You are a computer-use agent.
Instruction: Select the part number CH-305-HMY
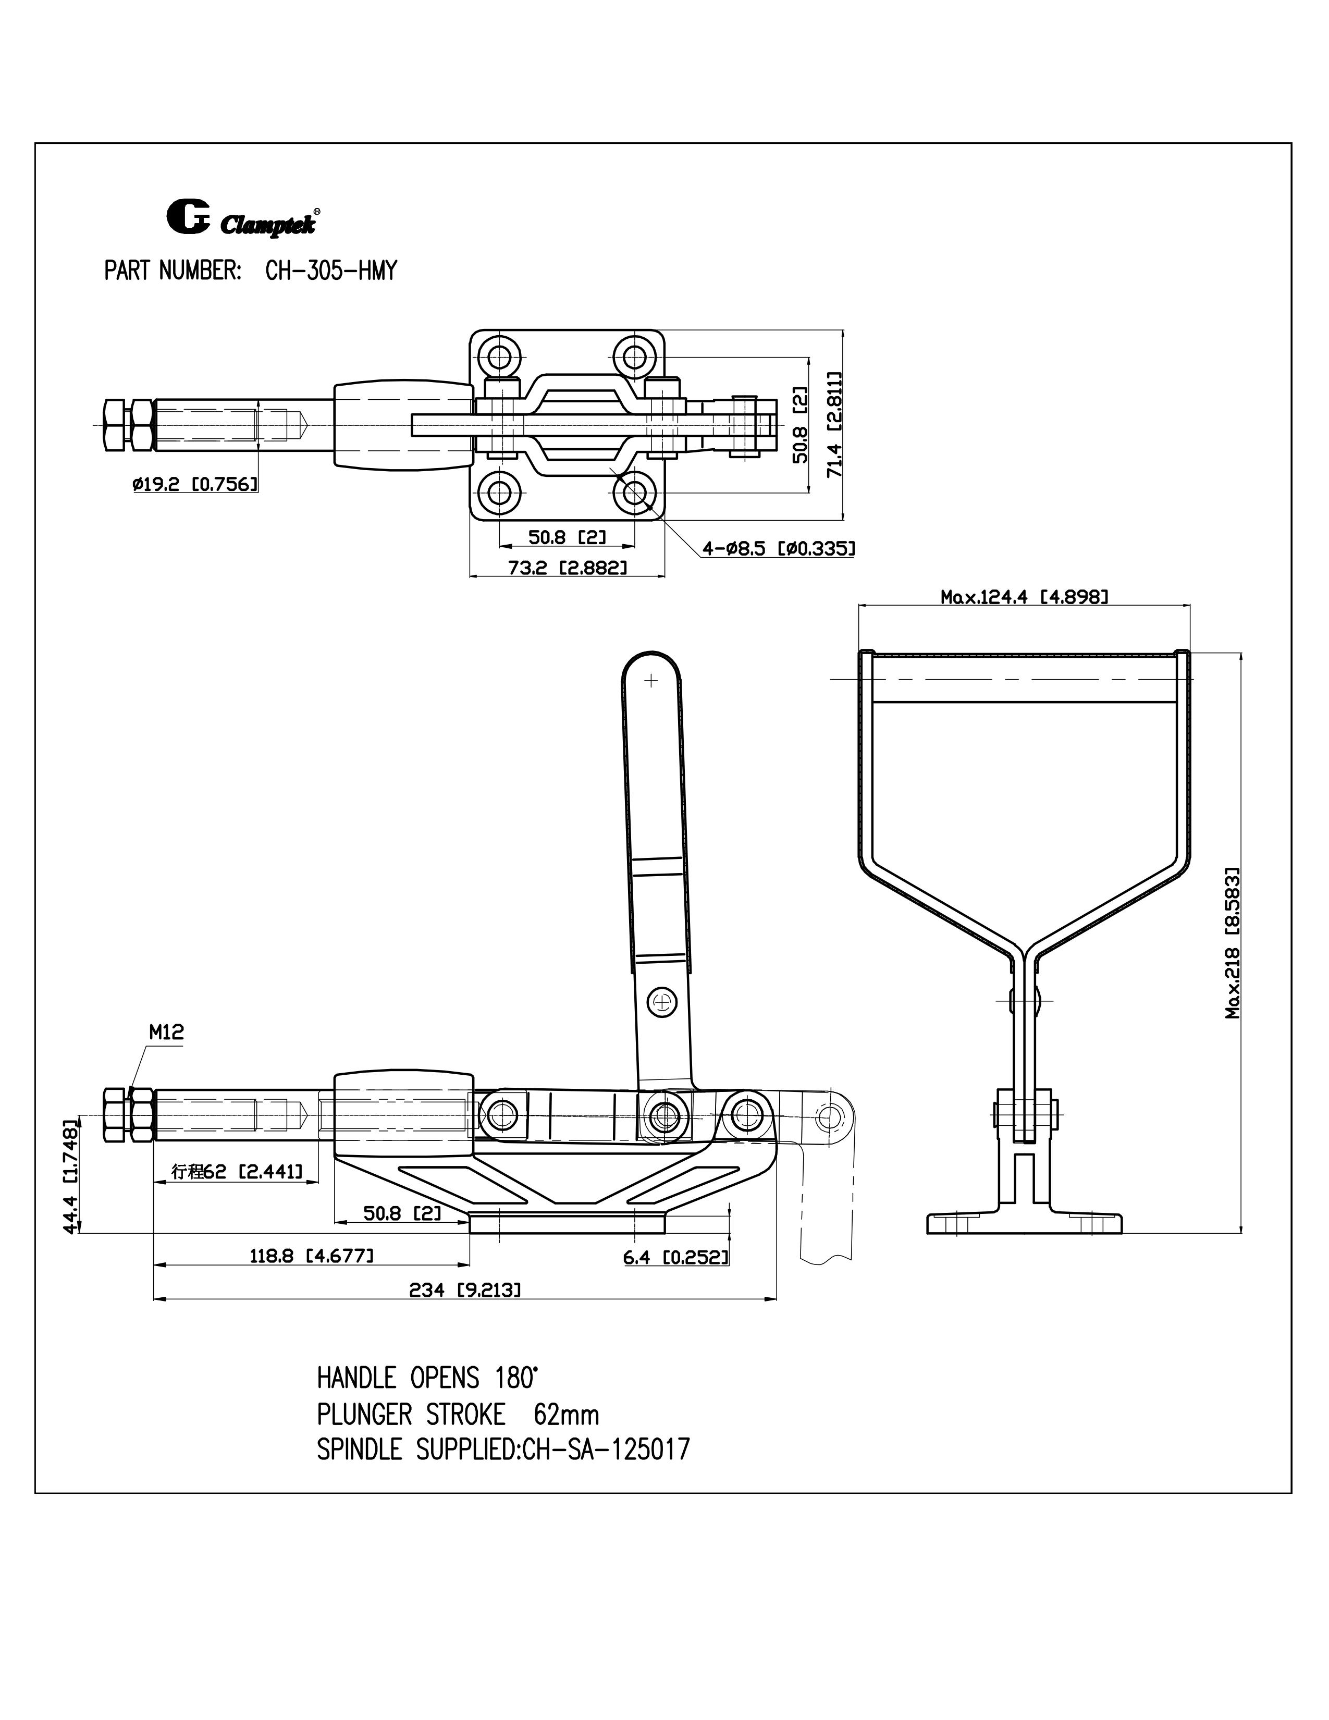[x=330, y=271]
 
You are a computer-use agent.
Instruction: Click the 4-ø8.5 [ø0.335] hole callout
[x=778, y=548]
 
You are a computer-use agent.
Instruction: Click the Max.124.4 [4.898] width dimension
[x=1024, y=597]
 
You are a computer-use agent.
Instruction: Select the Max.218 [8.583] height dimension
[x=1233, y=943]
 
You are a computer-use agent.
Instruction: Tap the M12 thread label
[x=166, y=1033]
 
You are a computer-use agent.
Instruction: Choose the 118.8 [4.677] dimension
[x=311, y=1256]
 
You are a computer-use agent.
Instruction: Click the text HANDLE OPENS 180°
[x=427, y=1378]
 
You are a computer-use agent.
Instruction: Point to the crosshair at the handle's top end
[x=650, y=680]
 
